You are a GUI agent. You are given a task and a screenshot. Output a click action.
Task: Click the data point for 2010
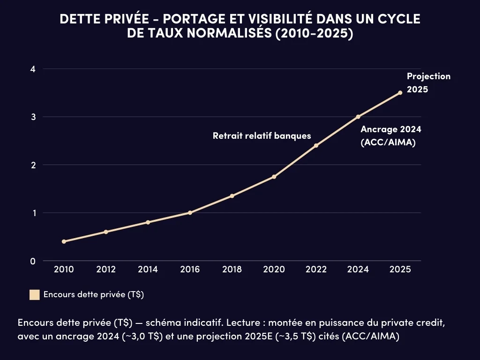point(64,241)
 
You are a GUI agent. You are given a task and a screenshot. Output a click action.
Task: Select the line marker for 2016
point(190,213)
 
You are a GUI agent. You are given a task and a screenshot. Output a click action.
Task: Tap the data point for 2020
point(274,177)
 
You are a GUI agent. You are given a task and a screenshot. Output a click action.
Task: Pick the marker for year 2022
point(316,145)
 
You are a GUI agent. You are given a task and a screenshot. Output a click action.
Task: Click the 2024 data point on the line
point(358,117)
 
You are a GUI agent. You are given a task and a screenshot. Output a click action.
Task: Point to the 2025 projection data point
point(400,93)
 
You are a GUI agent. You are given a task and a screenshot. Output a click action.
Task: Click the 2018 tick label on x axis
point(232,270)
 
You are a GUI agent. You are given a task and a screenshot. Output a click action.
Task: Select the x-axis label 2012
point(106,270)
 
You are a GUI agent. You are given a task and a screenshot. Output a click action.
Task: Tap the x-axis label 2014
point(148,270)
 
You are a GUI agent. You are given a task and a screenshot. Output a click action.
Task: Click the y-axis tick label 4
point(33,69)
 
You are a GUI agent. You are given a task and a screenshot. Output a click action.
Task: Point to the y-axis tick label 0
point(33,261)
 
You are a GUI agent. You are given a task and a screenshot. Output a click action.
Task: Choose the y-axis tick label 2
point(33,165)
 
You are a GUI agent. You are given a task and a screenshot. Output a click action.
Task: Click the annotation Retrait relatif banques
point(262,136)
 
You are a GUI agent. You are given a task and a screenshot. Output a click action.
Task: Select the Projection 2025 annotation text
point(428,82)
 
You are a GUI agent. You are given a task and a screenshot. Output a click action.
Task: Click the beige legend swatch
point(34,295)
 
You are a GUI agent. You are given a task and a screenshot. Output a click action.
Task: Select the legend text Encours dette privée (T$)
point(93,295)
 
